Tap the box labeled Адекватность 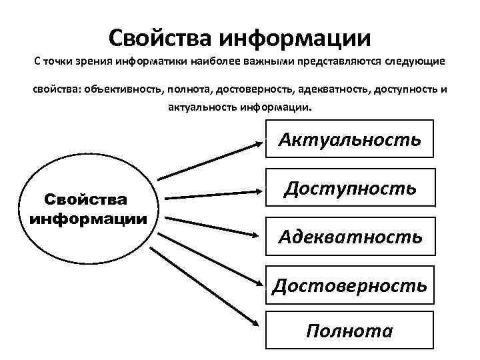pos(349,236)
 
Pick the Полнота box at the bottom pos(349,331)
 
